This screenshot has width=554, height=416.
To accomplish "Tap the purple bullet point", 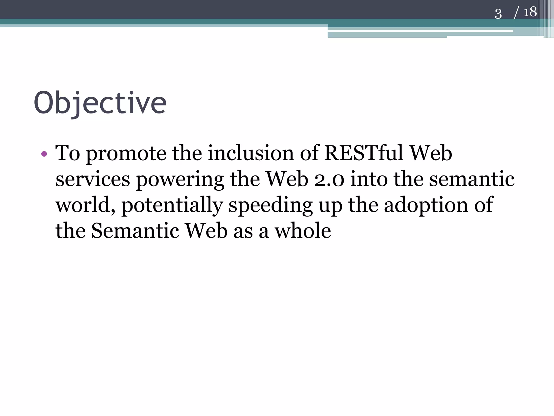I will click(44, 154).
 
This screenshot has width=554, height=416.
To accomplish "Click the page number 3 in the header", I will click(498, 14).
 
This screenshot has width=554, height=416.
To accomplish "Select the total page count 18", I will click(530, 12).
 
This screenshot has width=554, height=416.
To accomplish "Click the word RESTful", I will click(364, 153).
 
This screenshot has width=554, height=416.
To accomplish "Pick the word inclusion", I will click(251, 153).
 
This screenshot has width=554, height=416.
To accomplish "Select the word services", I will click(93, 180).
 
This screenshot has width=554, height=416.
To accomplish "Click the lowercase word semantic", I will click(472, 180).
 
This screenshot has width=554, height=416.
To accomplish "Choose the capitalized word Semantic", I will click(135, 231).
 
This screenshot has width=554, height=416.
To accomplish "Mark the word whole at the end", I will click(303, 231).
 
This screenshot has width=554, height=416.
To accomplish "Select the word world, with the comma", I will click(86, 205).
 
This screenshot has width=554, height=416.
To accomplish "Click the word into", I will click(369, 180).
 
